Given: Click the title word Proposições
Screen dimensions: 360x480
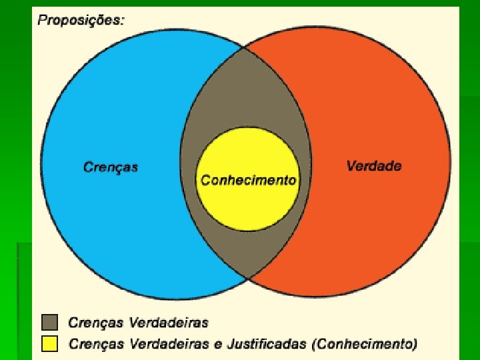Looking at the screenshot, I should coord(80,19).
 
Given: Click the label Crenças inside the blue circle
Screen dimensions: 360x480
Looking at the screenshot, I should coord(111,167).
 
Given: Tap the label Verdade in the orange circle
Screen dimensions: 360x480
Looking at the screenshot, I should coord(374,166).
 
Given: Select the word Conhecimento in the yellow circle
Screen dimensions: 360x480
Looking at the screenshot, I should coord(249,181).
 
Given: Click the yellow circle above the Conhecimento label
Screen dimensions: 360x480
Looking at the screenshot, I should coord(248,153).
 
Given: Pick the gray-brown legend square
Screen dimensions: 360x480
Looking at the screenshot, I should coord(49,323).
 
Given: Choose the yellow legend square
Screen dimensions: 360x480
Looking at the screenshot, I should coord(49,344).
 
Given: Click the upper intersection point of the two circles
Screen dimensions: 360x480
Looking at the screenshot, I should coord(244,47).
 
